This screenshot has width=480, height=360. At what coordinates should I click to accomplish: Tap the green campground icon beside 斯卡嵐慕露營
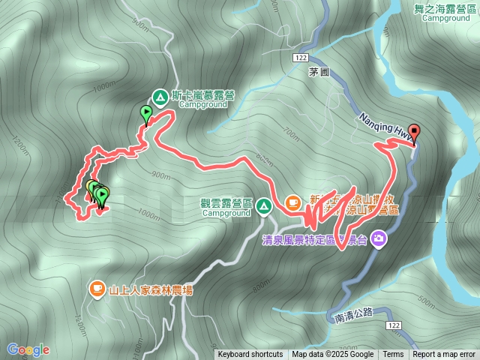pos(160,97)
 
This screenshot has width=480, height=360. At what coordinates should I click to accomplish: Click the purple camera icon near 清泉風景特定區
pos(379,238)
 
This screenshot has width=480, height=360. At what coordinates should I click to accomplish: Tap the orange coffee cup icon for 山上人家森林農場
pos(97,288)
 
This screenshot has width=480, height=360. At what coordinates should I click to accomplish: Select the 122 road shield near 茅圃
pos(301,57)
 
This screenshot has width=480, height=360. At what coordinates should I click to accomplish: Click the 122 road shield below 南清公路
pos(392,325)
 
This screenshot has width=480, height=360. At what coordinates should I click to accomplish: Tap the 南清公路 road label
pos(354,317)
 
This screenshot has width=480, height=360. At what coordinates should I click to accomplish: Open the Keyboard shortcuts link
pos(250,355)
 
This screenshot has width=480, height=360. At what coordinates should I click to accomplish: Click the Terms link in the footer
pos(393,355)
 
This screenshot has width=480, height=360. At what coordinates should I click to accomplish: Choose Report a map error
pos(444,355)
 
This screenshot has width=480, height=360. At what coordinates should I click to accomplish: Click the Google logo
pos(28,349)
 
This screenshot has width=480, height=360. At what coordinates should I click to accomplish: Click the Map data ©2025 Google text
pos(333,355)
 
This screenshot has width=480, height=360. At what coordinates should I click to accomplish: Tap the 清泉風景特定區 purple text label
pos(310,240)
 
